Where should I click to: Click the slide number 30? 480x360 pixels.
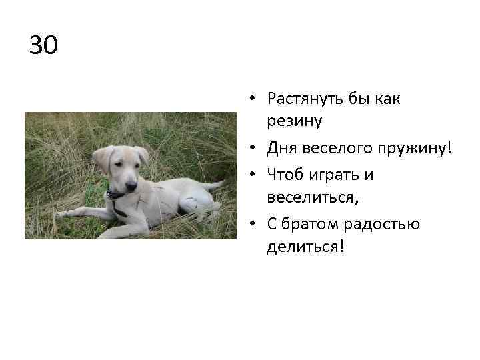click(x=44, y=45)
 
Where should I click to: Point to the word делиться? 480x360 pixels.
click(x=306, y=247)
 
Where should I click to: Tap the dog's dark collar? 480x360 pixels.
click(x=115, y=195)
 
